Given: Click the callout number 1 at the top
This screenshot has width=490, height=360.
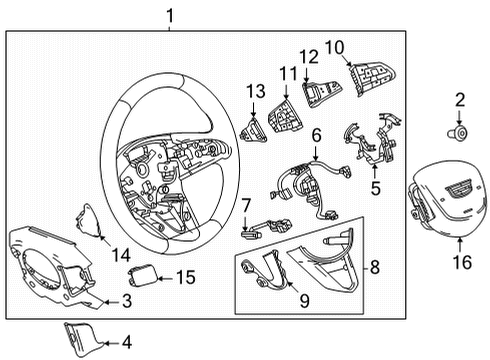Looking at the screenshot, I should point(170,15).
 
